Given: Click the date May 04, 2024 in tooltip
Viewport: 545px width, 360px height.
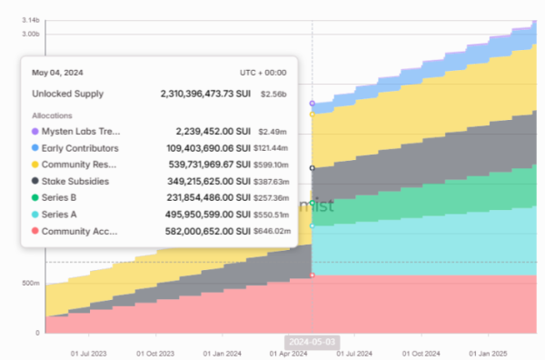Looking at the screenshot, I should click(x=57, y=71).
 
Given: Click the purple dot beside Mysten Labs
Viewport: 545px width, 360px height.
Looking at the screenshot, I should click(x=35, y=132).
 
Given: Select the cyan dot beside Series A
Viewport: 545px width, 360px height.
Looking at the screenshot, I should click(x=35, y=215).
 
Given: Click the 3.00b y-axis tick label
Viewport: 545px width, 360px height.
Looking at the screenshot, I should click(x=30, y=34).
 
